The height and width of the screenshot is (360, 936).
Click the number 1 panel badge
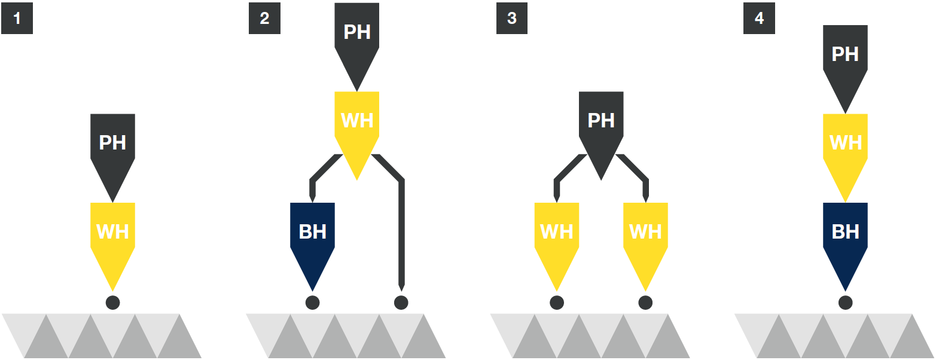[17, 19]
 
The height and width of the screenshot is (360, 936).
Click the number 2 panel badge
[264, 19]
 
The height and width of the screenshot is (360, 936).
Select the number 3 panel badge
[512, 19]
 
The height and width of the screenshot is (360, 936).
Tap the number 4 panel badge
[759, 19]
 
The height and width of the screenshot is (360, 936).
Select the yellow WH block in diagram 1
[112, 232]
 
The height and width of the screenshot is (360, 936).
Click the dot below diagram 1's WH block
[112, 303]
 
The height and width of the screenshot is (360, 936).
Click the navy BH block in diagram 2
[312, 232]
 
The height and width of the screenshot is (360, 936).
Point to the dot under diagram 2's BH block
[312, 303]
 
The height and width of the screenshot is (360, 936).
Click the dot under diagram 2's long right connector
[401, 303]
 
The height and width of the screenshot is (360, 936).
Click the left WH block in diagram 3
[556, 232]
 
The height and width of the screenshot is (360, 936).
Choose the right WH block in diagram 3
[645, 232]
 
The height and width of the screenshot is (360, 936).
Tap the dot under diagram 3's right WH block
[645, 303]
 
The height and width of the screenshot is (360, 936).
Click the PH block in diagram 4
[845, 54]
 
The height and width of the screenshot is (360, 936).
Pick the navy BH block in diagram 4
[845, 232]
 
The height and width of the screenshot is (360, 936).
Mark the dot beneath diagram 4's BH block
[845, 303]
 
